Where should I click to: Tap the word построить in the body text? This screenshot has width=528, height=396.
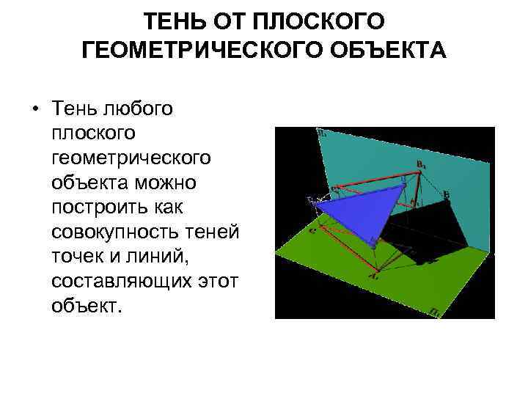98,205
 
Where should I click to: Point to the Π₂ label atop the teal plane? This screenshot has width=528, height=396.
321,134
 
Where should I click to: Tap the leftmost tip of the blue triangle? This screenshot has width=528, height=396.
314,205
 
